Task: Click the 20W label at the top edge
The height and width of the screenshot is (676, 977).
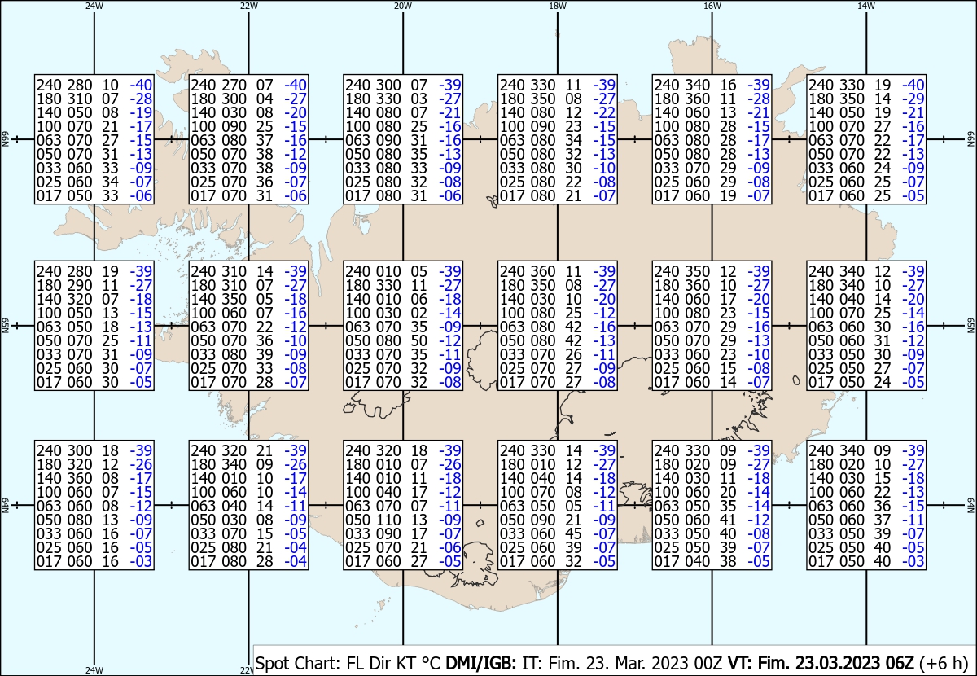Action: (x=402, y=6)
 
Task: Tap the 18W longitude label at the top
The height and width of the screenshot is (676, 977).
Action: (x=558, y=6)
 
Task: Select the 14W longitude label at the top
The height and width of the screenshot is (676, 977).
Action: (x=866, y=6)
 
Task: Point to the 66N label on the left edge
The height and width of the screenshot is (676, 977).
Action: (x=5, y=139)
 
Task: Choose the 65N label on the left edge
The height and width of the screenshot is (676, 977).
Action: (x=5, y=326)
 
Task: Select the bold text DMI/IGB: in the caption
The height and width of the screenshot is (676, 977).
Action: (x=480, y=663)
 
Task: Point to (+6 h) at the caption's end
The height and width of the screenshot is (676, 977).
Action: (x=943, y=663)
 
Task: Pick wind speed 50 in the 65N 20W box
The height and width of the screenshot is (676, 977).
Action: (x=418, y=340)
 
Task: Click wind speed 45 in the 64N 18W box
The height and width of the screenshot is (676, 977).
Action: (x=573, y=533)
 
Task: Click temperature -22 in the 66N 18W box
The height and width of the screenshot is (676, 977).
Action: (x=604, y=112)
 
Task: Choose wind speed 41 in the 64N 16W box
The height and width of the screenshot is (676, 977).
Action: (x=728, y=520)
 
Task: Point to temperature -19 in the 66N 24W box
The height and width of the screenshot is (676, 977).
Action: (x=141, y=112)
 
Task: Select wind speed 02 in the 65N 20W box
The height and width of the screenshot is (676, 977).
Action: (x=418, y=313)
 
